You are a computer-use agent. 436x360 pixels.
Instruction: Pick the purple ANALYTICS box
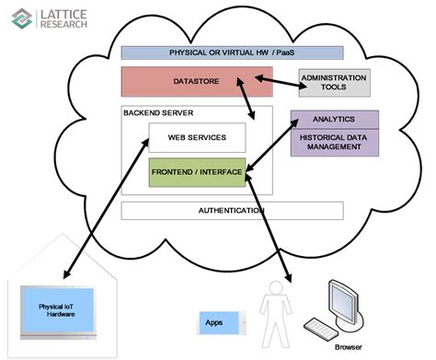[x=334, y=119]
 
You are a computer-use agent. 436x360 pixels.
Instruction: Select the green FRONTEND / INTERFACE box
[x=197, y=172]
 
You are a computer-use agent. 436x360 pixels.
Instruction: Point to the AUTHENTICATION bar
[x=232, y=211]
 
